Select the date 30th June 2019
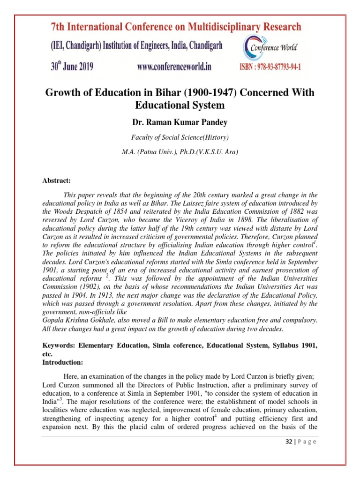click(72, 67)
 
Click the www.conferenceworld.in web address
click(174, 67)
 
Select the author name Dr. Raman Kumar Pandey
click(180, 122)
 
